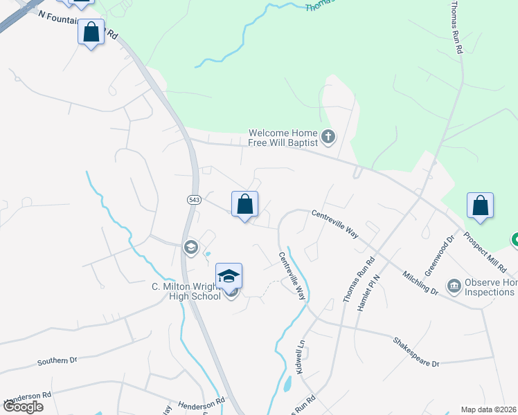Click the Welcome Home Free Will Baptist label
[x=283, y=138]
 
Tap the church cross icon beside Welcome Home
[x=328, y=138]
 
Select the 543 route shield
[x=193, y=199]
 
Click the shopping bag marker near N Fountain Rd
[x=91, y=33]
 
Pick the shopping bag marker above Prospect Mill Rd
[x=480, y=206]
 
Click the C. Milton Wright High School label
[x=186, y=291]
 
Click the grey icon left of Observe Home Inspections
[x=454, y=284]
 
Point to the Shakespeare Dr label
[x=416, y=352]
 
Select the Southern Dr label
[x=57, y=360]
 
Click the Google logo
[x=23, y=407]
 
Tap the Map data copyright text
[x=488, y=409]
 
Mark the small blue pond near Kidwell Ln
[x=287, y=385]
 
